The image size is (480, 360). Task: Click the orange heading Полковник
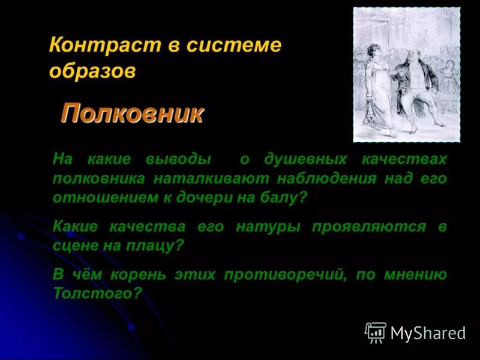click(x=132, y=113)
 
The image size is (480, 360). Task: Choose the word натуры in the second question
click(x=271, y=227)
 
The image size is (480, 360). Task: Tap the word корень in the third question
click(x=135, y=275)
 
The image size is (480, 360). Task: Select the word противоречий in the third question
click(x=288, y=275)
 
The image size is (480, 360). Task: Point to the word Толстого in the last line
click(x=97, y=294)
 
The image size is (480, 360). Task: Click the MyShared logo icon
click(x=376, y=332)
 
